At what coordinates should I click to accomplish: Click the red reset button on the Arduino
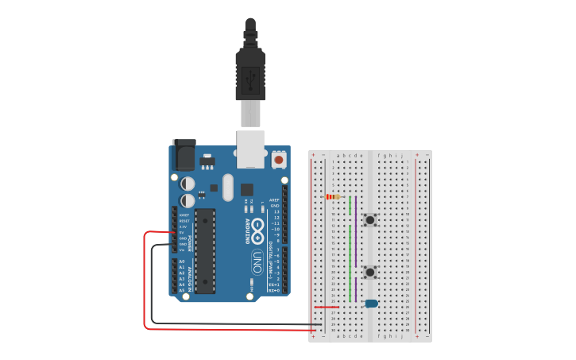coord(279,160)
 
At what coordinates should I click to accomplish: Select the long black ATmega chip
coord(205,250)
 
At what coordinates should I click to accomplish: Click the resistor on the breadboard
coord(333,196)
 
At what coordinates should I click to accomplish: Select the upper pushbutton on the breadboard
coord(370,219)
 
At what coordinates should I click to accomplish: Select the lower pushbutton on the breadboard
coord(370,272)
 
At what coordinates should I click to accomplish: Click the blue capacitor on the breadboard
coord(371,303)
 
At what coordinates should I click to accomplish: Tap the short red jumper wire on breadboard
coord(327,307)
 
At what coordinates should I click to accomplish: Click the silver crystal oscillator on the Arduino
coord(228,188)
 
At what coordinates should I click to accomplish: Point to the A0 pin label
coord(182,261)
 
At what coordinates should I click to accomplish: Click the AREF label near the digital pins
coord(274,199)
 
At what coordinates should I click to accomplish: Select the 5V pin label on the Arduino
coord(183,232)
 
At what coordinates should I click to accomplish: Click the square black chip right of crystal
coord(247,189)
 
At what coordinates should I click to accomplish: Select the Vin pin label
coord(182,249)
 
